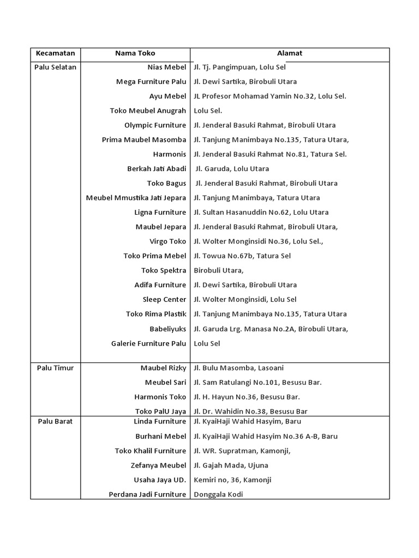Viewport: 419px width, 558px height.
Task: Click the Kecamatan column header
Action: coord(55,53)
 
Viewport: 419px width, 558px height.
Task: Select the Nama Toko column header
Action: coord(135,53)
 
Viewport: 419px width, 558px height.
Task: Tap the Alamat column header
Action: coord(290,53)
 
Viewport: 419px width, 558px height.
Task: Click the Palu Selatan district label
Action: coord(55,67)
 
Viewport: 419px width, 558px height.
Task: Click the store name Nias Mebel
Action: coord(166,67)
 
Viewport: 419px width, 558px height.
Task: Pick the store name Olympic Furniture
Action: coord(155,125)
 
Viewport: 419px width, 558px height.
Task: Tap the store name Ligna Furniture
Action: coord(160,213)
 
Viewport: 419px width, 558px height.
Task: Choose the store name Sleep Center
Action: coord(164,299)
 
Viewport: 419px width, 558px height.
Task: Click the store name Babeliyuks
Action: coord(167,329)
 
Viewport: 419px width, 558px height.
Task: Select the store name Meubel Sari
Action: coord(165,383)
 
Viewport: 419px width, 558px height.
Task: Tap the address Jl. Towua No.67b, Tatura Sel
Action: coord(242,256)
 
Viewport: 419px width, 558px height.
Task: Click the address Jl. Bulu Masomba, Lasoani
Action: coord(238,368)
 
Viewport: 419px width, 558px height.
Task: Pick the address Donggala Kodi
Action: coord(218,494)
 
